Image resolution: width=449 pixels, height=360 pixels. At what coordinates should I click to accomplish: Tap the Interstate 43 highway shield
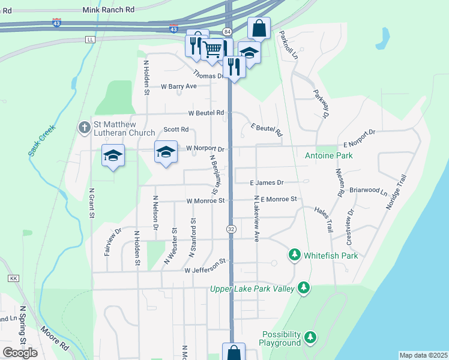click(56, 23)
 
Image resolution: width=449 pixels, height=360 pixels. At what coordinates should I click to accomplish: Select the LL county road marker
click(90, 39)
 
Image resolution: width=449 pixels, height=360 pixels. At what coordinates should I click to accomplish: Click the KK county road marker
click(14, 278)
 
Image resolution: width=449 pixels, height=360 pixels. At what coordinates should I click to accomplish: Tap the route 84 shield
click(226, 31)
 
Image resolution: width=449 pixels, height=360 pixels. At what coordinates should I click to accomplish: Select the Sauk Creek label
click(42, 140)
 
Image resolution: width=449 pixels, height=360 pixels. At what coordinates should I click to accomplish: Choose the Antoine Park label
click(329, 155)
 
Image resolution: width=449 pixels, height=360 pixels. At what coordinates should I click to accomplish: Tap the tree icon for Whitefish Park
click(294, 255)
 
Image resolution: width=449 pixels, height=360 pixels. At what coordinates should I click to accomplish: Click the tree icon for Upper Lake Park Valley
click(304, 289)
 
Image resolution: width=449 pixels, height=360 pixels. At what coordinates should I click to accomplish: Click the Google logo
click(20, 352)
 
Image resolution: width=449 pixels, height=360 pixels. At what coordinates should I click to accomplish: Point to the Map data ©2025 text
click(423, 355)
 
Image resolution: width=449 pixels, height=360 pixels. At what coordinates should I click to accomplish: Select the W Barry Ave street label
click(179, 86)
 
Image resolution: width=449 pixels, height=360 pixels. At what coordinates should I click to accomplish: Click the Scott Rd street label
click(176, 130)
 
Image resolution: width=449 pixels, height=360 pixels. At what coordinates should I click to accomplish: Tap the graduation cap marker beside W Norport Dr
click(166, 152)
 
